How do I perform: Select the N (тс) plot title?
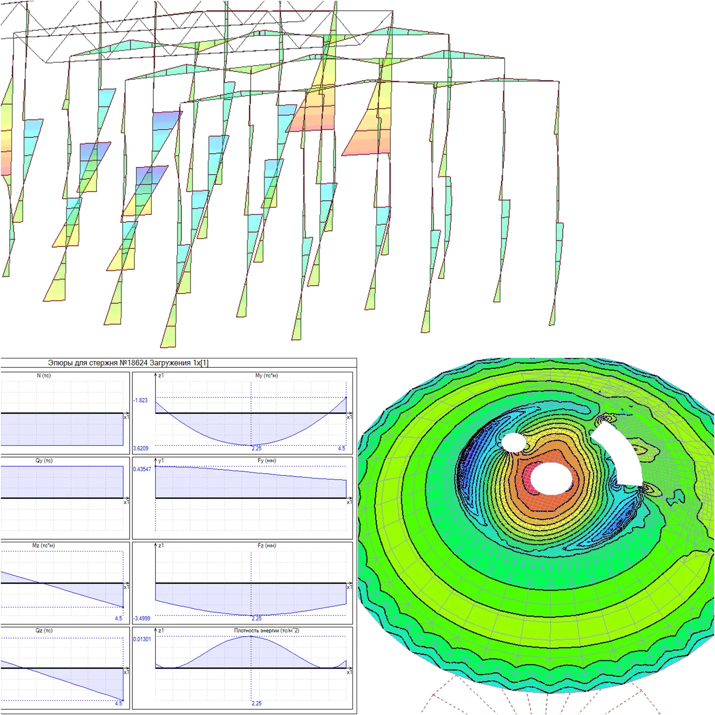pyautogui.click(x=44, y=375)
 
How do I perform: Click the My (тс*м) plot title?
pyautogui.click(x=267, y=375)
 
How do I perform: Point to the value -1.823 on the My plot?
pyautogui.click(x=140, y=400)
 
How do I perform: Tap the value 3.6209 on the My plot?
pyautogui.click(x=140, y=448)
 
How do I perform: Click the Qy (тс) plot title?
pyautogui.click(x=44, y=461)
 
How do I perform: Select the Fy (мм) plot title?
pyautogui.click(x=267, y=461)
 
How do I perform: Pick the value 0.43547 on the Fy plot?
pyautogui.click(x=142, y=469)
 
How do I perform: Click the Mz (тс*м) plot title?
pyautogui.click(x=44, y=545)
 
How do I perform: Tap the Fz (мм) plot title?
pyautogui.click(x=267, y=545)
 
